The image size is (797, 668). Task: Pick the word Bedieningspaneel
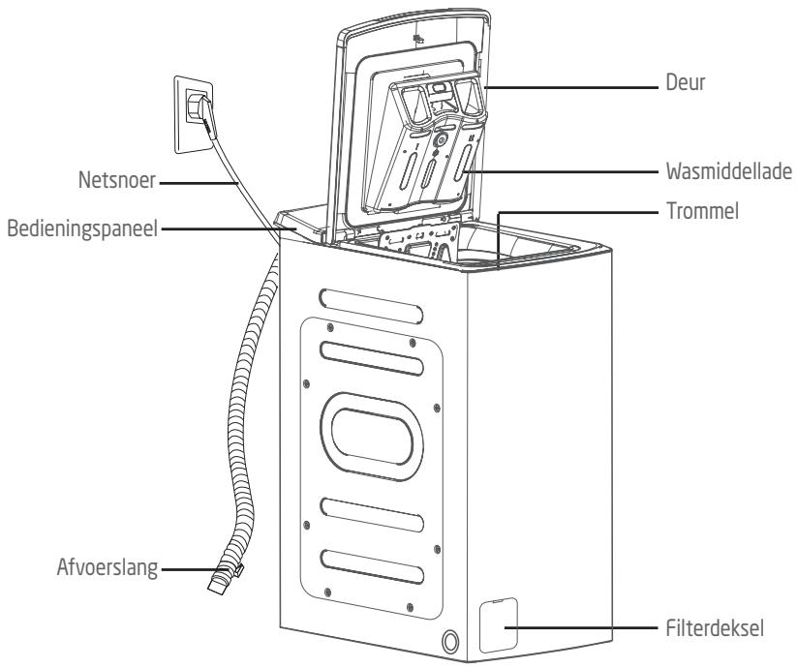82,228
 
